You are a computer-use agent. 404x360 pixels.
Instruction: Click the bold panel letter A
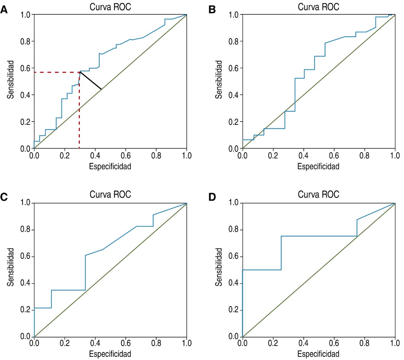click(x=4, y=9)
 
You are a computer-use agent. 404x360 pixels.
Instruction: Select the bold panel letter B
click(x=212, y=9)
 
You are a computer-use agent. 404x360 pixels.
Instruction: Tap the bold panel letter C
click(x=4, y=197)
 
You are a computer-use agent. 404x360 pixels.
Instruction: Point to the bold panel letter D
click(x=212, y=197)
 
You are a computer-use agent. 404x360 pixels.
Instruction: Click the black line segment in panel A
click(x=91, y=80)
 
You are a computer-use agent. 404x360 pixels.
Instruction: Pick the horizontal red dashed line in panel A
click(x=56, y=72)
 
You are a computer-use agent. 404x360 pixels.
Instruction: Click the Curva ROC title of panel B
click(x=319, y=7)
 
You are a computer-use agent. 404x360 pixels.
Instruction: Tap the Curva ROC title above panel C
click(x=110, y=194)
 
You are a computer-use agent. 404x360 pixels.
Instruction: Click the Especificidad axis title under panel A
click(x=110, y=166)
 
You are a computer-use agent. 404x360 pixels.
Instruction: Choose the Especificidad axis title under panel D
click(x=319, y=353)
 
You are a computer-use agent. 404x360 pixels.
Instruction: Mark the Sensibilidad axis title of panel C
click(x=11, y=267)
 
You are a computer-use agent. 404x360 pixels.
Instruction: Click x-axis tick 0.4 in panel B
click(x=303, y=155)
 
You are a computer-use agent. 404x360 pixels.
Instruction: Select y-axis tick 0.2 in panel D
click(x=233, y=310)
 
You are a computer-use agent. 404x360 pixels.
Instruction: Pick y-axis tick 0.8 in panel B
click(x=233, y=41)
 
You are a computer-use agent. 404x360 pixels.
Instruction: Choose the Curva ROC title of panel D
click(x=319, y=194)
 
